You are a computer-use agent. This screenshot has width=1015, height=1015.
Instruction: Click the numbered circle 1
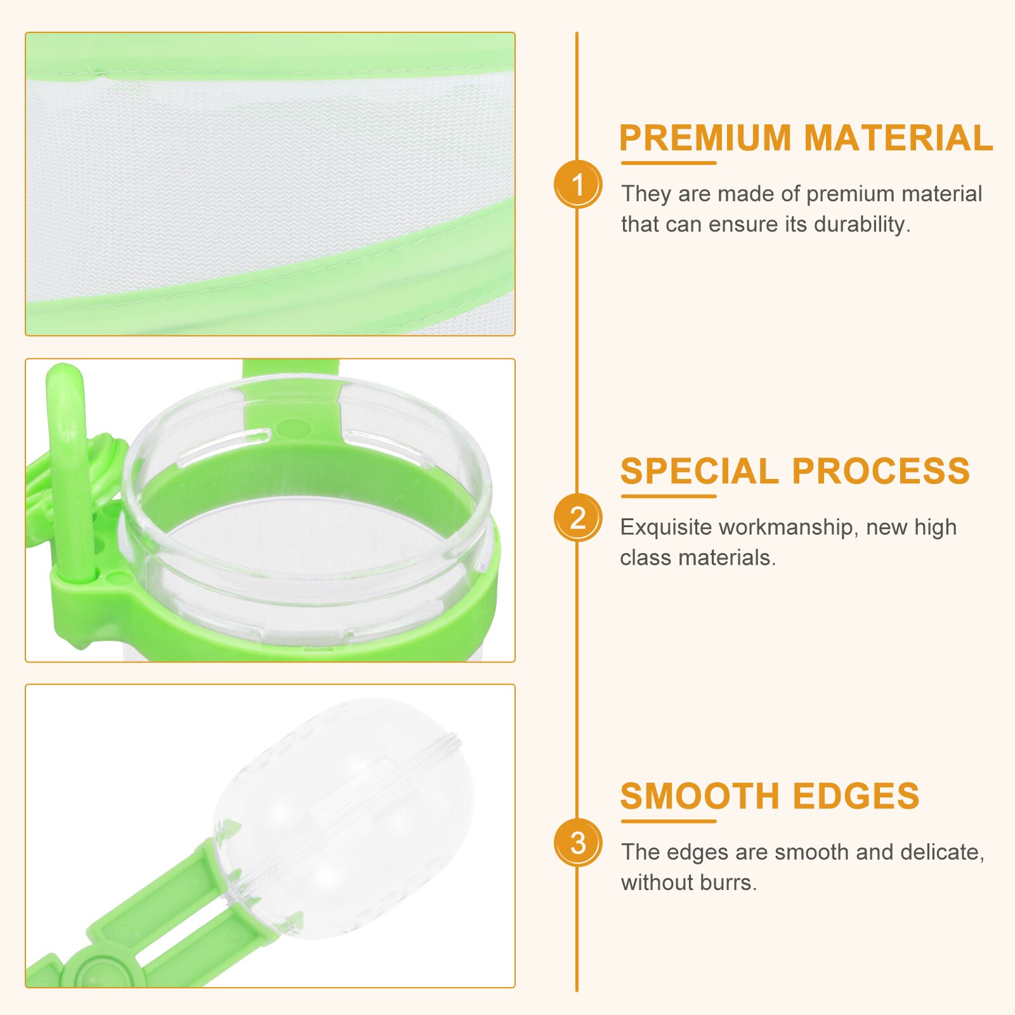tap(577, 185)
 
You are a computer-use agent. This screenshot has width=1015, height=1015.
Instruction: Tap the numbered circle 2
tap(577, 518)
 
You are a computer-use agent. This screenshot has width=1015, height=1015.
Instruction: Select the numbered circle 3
tap(577, 843)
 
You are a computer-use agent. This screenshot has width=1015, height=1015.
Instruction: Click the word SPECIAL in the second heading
tap(699, 471)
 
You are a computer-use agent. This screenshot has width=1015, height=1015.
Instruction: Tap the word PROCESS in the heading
tap(881, 471)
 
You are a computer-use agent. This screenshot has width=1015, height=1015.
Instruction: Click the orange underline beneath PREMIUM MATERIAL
tap(669, 163)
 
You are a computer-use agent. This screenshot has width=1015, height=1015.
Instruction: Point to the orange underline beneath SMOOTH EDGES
tap(669, 821)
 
